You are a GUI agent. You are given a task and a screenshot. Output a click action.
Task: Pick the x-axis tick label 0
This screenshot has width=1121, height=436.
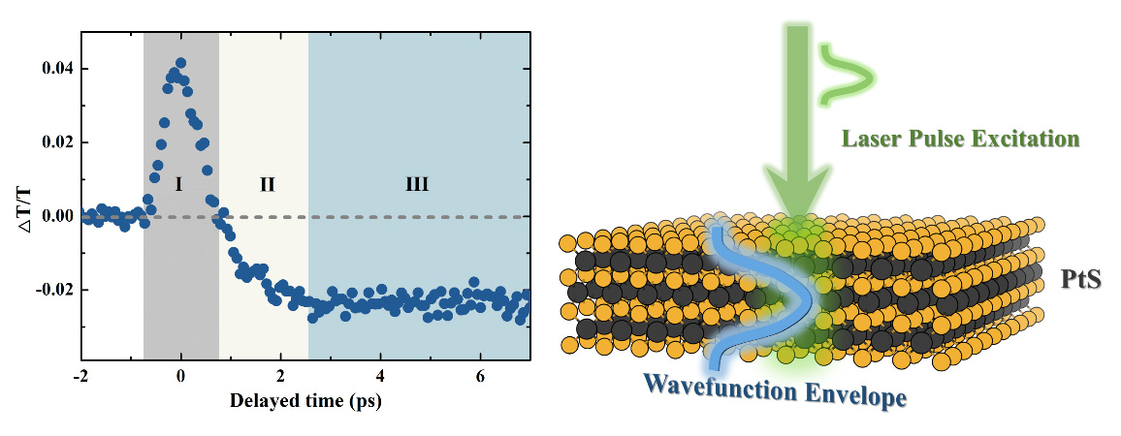click(181, 377)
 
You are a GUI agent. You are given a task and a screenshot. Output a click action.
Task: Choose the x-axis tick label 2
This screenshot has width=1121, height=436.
click(281, 377)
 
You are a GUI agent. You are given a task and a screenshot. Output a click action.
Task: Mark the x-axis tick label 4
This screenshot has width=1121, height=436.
click(380, 377)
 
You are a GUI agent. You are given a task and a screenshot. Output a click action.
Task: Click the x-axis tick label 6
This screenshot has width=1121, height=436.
click(480, 377)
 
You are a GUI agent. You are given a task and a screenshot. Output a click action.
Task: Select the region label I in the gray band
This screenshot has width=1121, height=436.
click(179, 183)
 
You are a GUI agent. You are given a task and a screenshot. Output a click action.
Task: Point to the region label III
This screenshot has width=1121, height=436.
click(417, 183)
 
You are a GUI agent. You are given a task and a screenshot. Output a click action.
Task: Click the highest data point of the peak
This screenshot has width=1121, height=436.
click(181, 63)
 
